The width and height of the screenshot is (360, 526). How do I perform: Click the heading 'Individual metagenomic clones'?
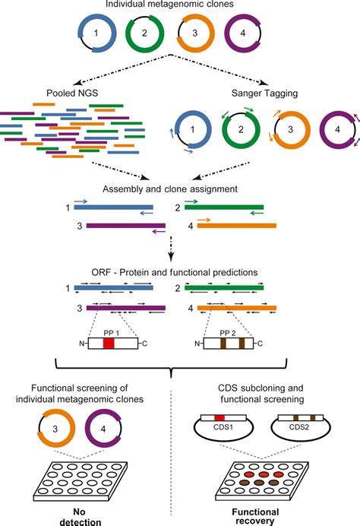(x=180, y=8)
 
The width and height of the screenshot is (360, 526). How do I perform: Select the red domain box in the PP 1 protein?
(x=109, y=344)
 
